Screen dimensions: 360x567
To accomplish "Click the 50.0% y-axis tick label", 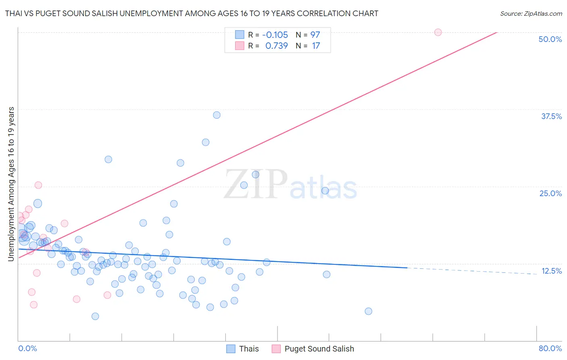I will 550,39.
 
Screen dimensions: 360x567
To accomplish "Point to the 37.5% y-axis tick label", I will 551,116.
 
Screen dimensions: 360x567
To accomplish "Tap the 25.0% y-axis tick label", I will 550,193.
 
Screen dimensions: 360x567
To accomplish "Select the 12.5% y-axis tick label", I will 551,271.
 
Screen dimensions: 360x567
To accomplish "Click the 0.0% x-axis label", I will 27,348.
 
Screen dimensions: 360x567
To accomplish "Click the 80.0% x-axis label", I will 550,348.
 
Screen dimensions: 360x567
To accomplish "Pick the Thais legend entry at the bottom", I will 243,349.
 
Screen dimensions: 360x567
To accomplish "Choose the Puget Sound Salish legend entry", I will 313,349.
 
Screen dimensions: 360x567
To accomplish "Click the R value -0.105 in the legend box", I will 275,35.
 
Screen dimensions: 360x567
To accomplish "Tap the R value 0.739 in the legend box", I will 276,46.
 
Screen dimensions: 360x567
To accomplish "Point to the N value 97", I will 315,35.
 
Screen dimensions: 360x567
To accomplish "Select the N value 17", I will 316,46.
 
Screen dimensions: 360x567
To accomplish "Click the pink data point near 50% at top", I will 438,32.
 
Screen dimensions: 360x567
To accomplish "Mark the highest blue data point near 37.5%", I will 217,115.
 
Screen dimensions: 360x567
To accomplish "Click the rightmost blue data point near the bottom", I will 368,311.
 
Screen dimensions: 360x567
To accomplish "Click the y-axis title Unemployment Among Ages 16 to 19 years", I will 11,184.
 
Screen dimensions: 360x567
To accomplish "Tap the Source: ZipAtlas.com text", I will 531,13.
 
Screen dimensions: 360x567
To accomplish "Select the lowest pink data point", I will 34,305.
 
